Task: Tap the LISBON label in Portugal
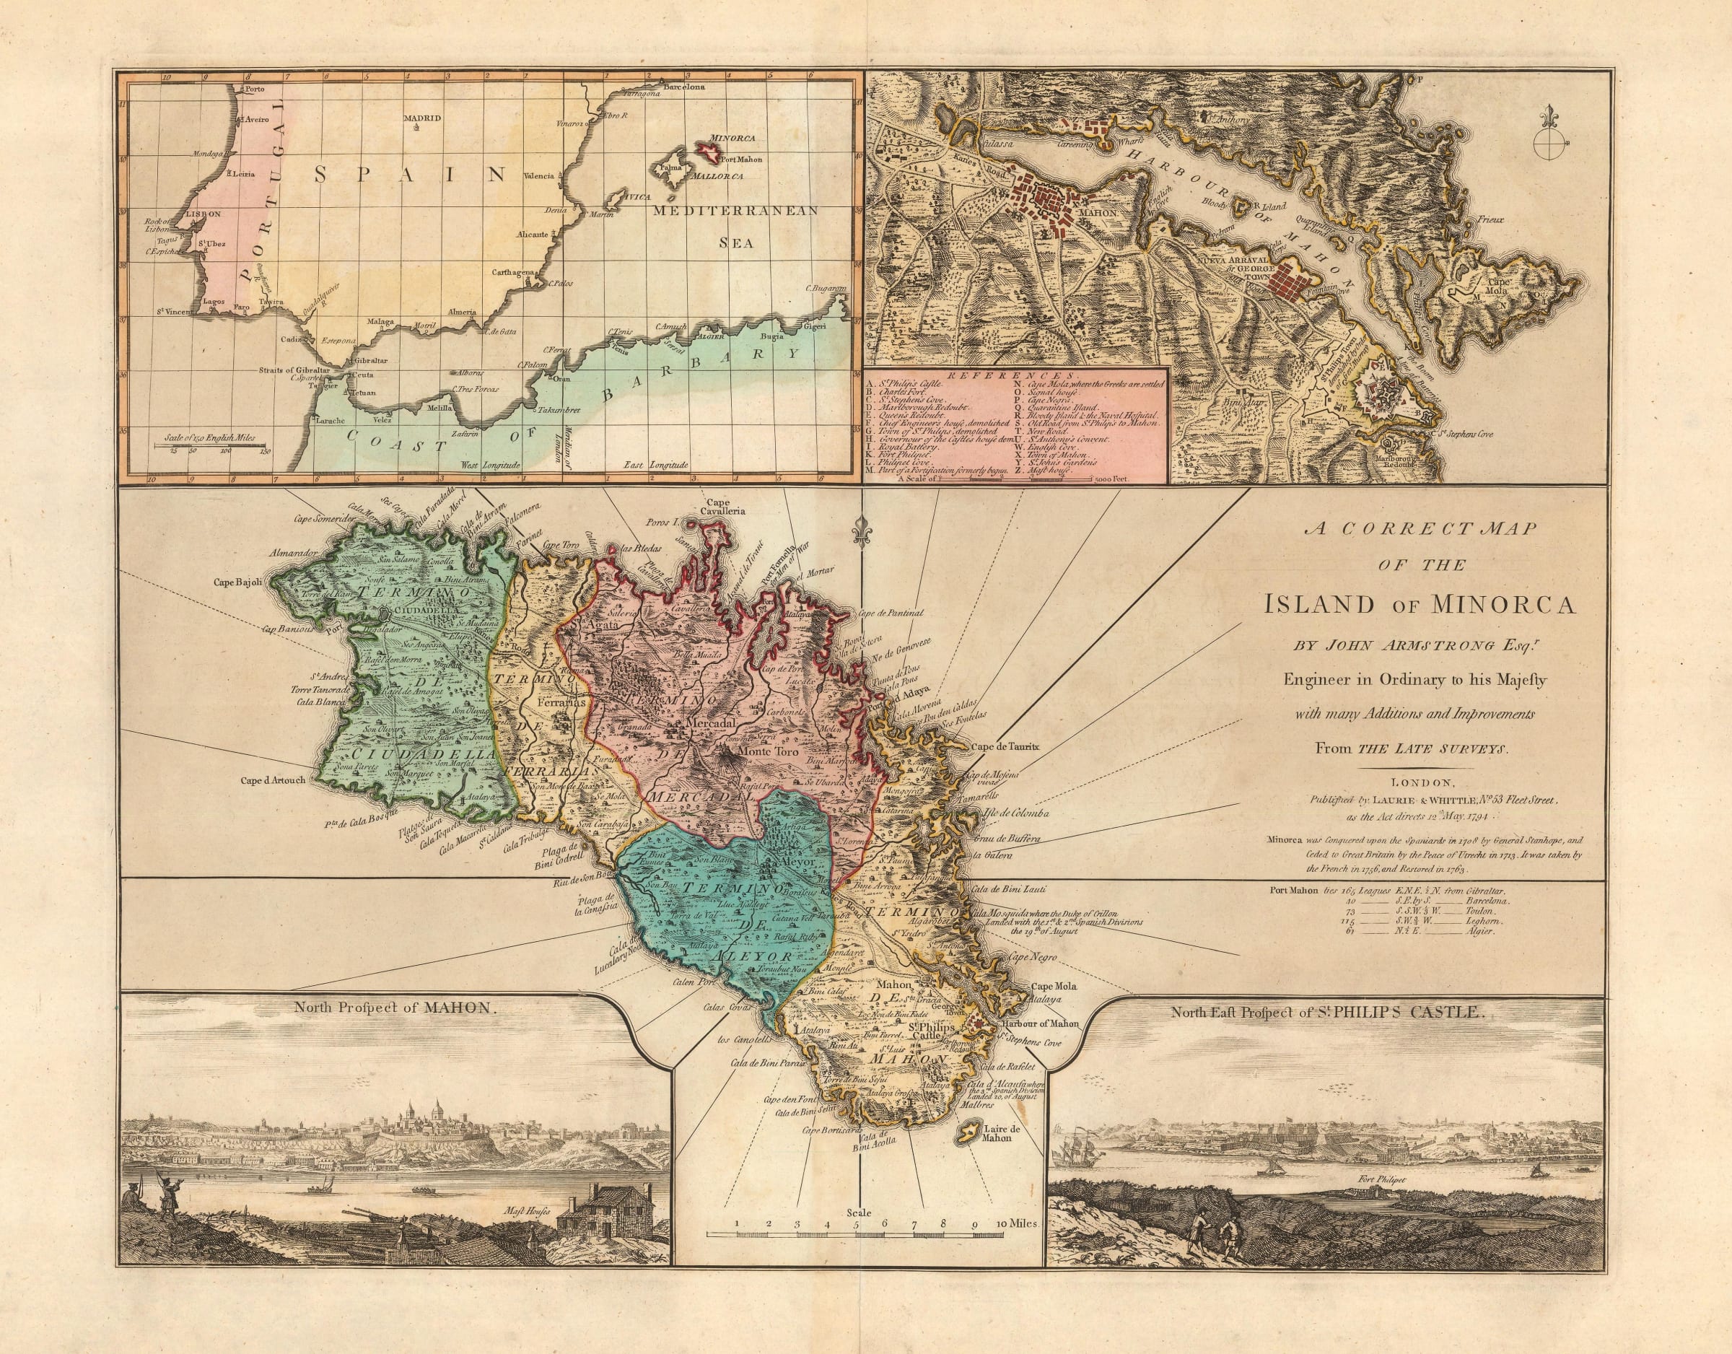tap(203, 214)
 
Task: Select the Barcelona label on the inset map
tap(683, 86)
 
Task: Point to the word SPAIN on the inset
tap(409, 174)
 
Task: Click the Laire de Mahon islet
tap(968, 1152)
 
